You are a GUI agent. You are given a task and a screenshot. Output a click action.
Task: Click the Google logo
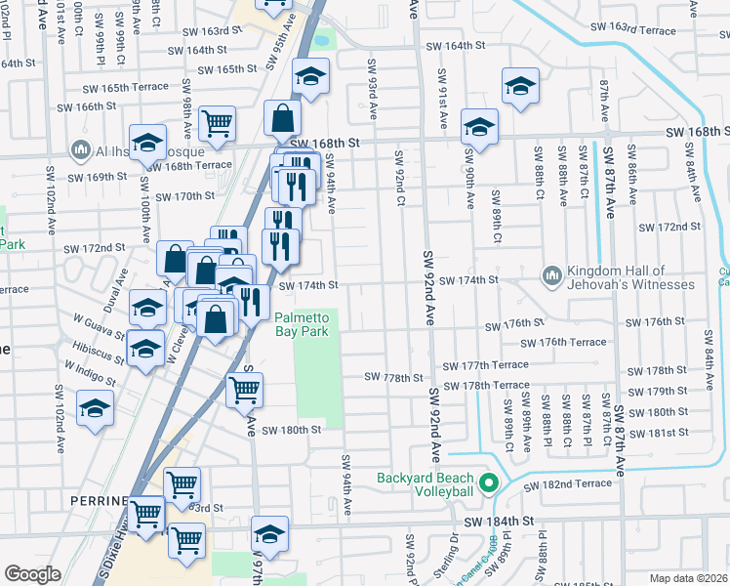(x=31, y=574)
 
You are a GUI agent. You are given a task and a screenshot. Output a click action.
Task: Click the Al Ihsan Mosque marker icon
(x=79, y=151)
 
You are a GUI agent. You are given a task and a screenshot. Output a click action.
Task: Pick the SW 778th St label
(x=394, y=377)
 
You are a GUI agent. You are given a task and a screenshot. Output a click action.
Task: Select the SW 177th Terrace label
(x=485, y=365)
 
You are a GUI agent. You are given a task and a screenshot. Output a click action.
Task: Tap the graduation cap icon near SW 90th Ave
(x=479, y=126)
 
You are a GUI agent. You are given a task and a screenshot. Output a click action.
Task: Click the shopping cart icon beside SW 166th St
(x=217, y=123)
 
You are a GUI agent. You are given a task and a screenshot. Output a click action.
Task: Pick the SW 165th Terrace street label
(x=118, y=88)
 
